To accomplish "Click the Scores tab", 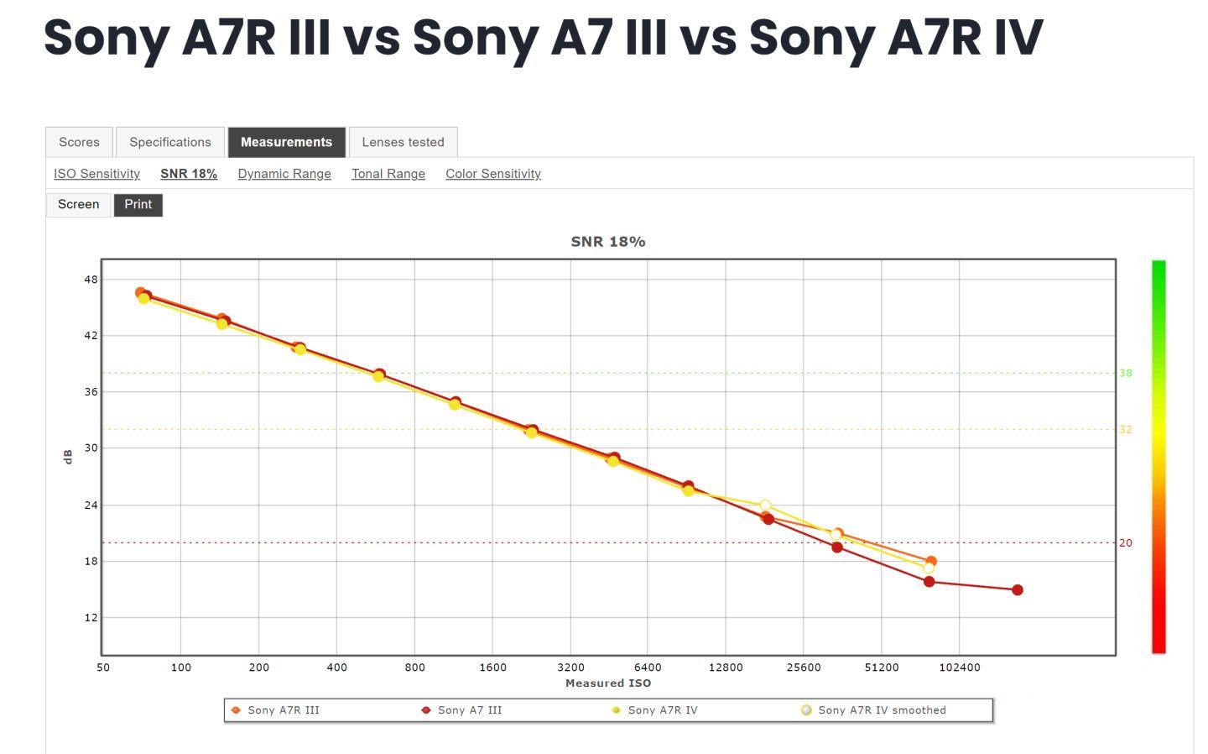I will coord(79,142).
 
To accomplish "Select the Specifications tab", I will coord(170,142).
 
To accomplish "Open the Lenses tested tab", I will coord(403,142).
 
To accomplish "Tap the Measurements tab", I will coord(286,142).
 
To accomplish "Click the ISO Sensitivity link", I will coord(96,174).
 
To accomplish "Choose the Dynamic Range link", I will coord(284,174).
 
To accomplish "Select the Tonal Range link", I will coord(388,174).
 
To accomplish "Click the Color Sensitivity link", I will coord(493,174).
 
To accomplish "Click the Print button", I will coord(138,205).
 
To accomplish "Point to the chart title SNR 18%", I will coord(608,242).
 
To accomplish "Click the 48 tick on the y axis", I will coord(91,280).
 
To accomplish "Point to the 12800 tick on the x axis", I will coord(726,668).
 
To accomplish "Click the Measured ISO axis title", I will coord(608,683).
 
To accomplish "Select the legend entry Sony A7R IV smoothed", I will coord(881,710).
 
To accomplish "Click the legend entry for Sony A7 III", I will coord(469,710).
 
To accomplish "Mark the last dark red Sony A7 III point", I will coord(1018,590).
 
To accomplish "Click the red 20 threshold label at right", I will coord(1126,543).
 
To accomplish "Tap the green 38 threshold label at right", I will coord(1126,373).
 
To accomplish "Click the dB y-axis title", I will coord(68,457).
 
